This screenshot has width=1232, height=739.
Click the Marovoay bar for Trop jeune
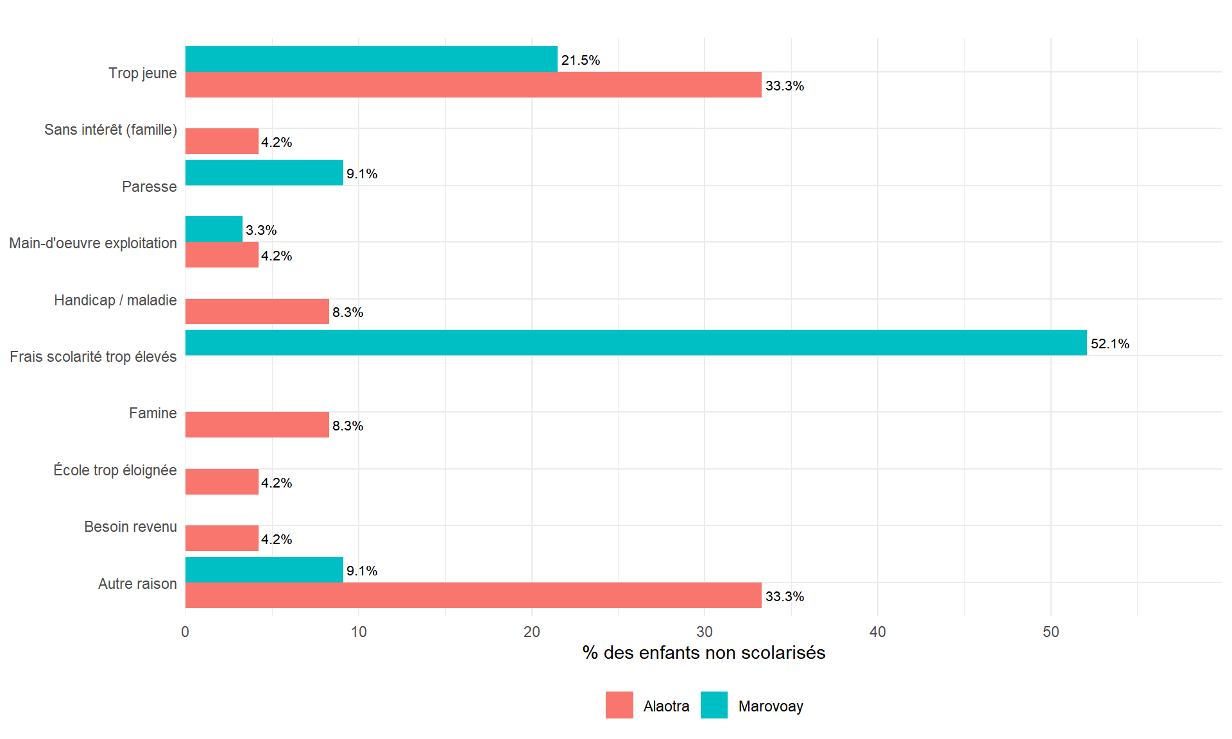371,59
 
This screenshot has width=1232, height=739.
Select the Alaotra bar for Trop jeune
473,85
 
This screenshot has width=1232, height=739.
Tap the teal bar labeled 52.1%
635,343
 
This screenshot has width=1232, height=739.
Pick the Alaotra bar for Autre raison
473,595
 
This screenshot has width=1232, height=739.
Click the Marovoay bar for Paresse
264,173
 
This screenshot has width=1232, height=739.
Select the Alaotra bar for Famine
257,425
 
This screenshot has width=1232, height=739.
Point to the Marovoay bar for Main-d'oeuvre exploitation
214,229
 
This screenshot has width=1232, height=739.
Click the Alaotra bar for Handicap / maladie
257,311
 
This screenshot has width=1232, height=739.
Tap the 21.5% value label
581,60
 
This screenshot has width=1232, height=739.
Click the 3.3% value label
261,230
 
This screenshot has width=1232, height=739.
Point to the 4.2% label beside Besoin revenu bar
277,539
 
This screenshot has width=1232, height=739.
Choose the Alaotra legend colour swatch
619,705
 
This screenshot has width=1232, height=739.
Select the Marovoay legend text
771,706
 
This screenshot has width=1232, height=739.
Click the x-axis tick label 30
705,632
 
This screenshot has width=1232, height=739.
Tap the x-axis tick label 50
1050,632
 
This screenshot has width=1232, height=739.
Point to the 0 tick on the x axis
185,632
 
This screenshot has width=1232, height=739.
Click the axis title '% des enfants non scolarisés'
703,652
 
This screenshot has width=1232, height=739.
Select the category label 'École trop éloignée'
115,470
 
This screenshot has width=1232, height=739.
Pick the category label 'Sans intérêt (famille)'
110,130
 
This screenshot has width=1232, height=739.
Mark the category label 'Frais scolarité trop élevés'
93,357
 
